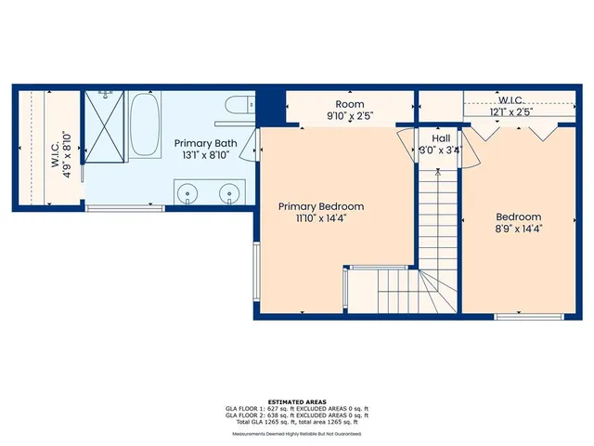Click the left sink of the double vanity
(x=190, y=195)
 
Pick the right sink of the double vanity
(x=227, y=195)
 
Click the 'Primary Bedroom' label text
(x=322, y=206)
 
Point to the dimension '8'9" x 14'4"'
(x=517, y=228)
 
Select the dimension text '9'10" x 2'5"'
(x=350, y=116)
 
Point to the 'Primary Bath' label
(x=206, y=143)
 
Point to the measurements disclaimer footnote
(x=297, y=433)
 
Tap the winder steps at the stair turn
(x=433, y=288)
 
